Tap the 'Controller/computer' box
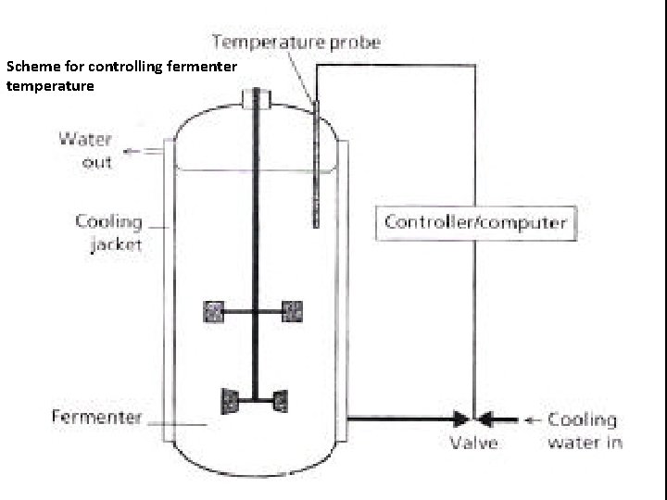click(474, 222)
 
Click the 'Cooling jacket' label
click(108, 233)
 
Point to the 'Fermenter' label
click(95, 417)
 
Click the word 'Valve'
click(474, 443)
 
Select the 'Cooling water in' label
click(584, 431)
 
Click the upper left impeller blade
click(215, 312)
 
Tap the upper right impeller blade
click(292, 312)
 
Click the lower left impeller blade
click(230, 400)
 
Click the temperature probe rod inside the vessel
click(316, 167)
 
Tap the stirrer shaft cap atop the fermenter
click(253, 97)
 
